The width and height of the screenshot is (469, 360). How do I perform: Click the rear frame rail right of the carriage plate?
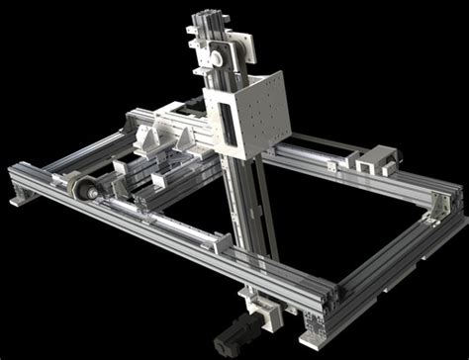327,158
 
